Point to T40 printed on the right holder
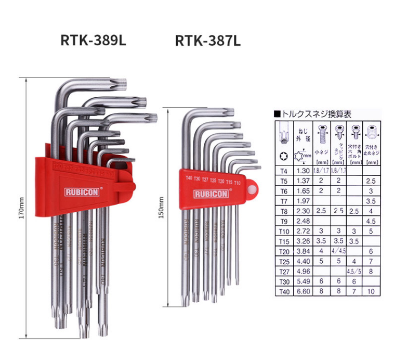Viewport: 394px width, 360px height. click(189, 178)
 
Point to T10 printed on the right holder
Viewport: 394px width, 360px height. click(237, 183)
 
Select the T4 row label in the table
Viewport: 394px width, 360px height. click(283, 170)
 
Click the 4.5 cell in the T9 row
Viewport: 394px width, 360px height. click(370, 220)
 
